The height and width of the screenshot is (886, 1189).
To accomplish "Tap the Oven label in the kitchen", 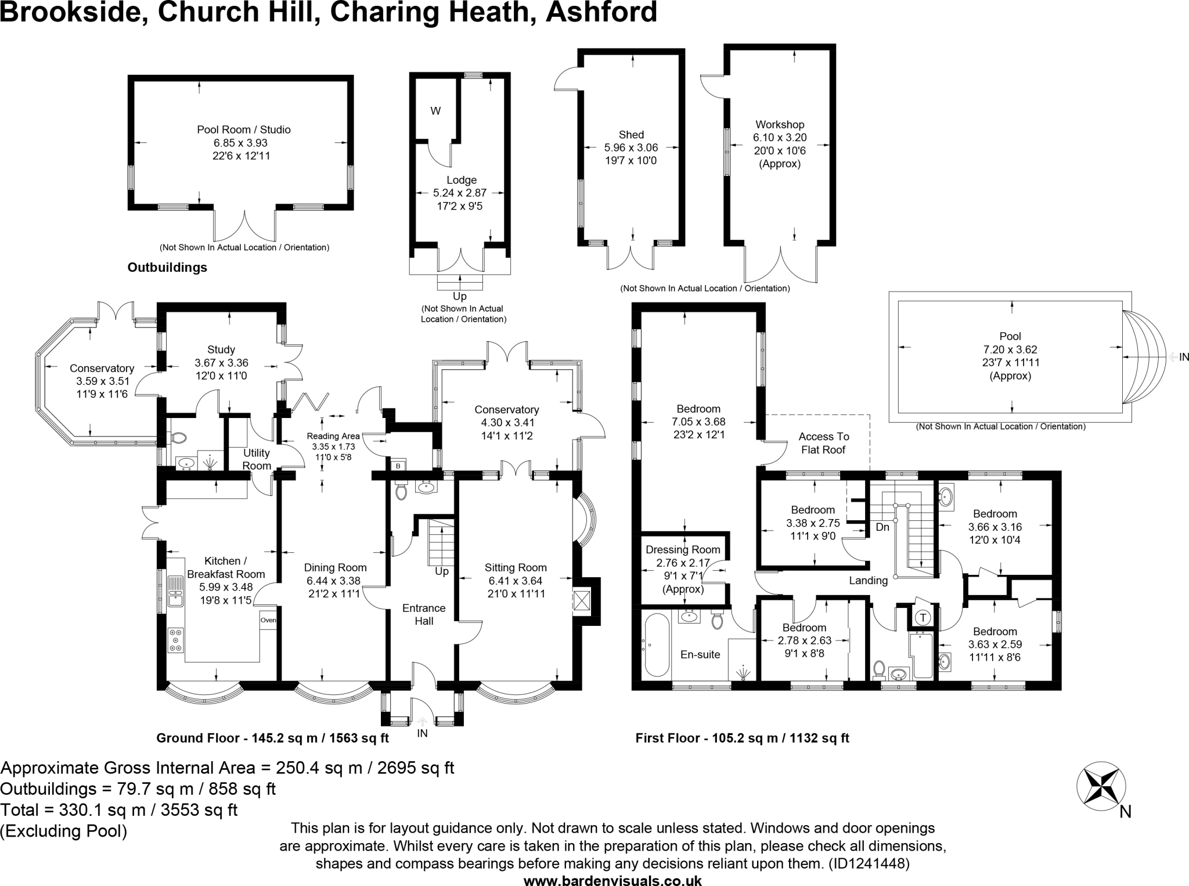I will click(x=268, y=620).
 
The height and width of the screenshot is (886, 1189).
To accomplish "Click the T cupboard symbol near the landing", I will click(x=923, y=617).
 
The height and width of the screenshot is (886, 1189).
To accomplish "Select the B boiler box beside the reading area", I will click(x=398, y=466).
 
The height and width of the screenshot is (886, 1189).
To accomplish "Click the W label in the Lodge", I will click(x=435, y=111).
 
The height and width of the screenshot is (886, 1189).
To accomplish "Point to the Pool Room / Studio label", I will click(x=243, y=129).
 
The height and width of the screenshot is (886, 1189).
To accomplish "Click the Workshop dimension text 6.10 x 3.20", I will click(x=780, y=138).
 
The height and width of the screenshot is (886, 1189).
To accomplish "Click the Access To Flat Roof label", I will click(x=823, y=443).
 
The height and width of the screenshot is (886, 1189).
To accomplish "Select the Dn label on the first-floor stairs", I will click(x=882, y=527).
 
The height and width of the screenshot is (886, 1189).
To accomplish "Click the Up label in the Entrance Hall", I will click(x=442, y=571).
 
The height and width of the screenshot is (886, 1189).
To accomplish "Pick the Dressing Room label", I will click(x=683, y=549).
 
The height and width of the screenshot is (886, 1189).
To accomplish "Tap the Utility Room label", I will click(x=257, y=459).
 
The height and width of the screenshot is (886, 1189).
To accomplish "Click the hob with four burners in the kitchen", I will click(x=175, y=640).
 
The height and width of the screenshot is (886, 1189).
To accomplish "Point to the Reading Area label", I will click(x=333, y=436).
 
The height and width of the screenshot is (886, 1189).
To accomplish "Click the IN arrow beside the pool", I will click(x=1179, y=356).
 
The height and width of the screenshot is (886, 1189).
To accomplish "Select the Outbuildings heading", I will click(x=167, y=268).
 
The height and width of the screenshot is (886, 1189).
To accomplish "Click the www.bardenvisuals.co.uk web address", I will click(x=612, y=881).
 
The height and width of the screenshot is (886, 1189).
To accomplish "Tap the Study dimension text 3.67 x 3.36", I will click(x=221, y=363).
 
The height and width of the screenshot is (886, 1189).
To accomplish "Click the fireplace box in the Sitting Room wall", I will click(x=582, y=601).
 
